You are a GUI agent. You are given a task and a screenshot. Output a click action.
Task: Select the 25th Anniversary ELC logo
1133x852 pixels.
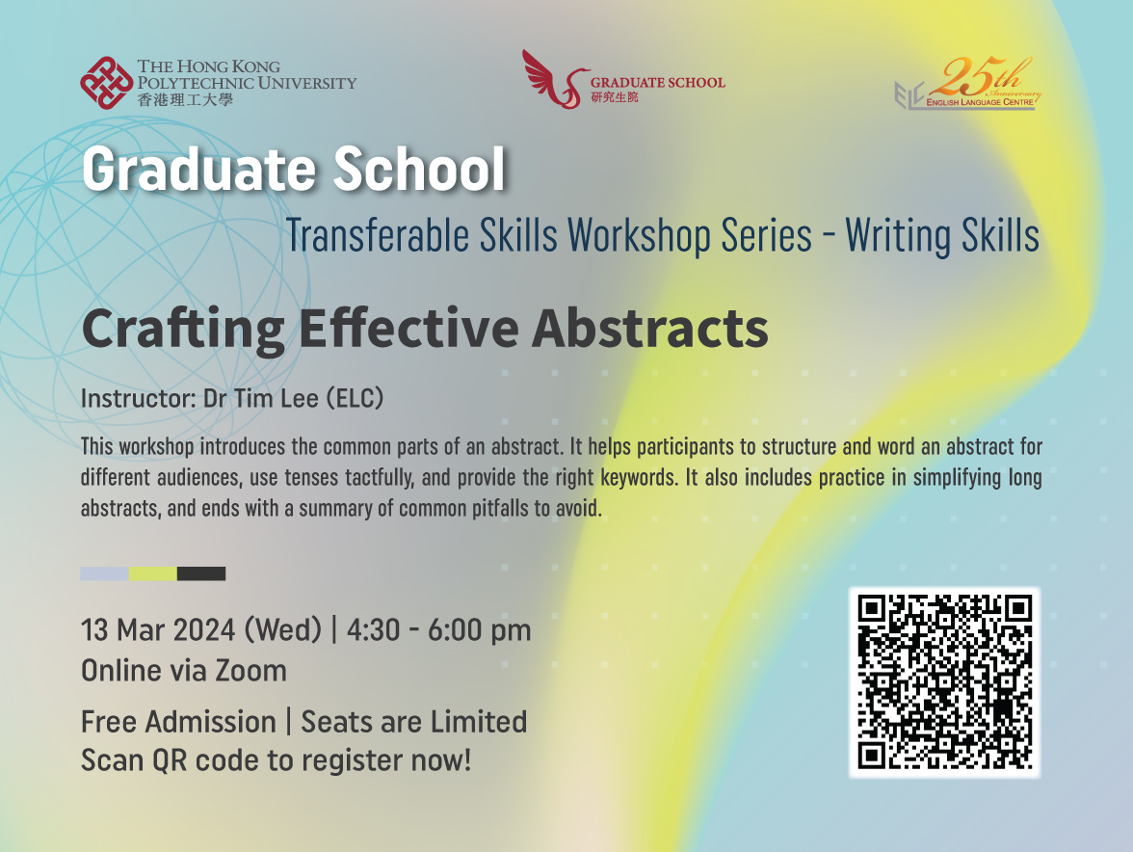point(967,85)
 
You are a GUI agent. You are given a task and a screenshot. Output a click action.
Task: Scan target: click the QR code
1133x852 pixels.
point(944,682)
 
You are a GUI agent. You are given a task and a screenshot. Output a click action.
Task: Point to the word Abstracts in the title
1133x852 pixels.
point(650,329)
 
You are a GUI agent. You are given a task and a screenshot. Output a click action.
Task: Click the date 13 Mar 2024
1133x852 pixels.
point(159,630)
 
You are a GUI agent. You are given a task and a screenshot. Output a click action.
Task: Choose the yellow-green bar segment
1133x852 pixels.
point(153,573)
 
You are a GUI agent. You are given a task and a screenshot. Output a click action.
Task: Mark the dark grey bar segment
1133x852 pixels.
point(201,573)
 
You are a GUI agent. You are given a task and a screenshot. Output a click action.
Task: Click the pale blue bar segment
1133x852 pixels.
point(104,573)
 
